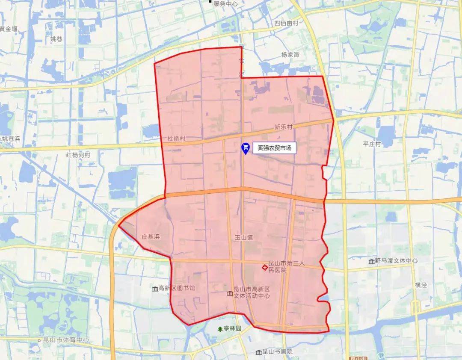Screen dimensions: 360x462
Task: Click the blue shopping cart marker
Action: tap(246, 148)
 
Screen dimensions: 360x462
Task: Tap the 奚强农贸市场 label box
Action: tap(274, 148)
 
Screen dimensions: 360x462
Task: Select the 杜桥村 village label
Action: tap(177, 139)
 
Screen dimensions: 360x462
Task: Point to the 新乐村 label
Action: tap(283, 127)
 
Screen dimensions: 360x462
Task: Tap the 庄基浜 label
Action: tap(151, 236)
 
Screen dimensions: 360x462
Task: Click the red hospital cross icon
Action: tap(265, 267)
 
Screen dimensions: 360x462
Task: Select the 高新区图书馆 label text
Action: tap(177, 288)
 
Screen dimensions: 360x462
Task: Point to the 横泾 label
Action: tap(421, 285)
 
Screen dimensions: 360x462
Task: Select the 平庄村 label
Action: tap(372, 144)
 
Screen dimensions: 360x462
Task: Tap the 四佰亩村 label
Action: tap(286, 24)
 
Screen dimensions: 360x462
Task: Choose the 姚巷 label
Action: tap(56, 39)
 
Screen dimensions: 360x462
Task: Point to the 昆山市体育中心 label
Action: tap(66, 340)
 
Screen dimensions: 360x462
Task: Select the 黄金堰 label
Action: tap(9, 29)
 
